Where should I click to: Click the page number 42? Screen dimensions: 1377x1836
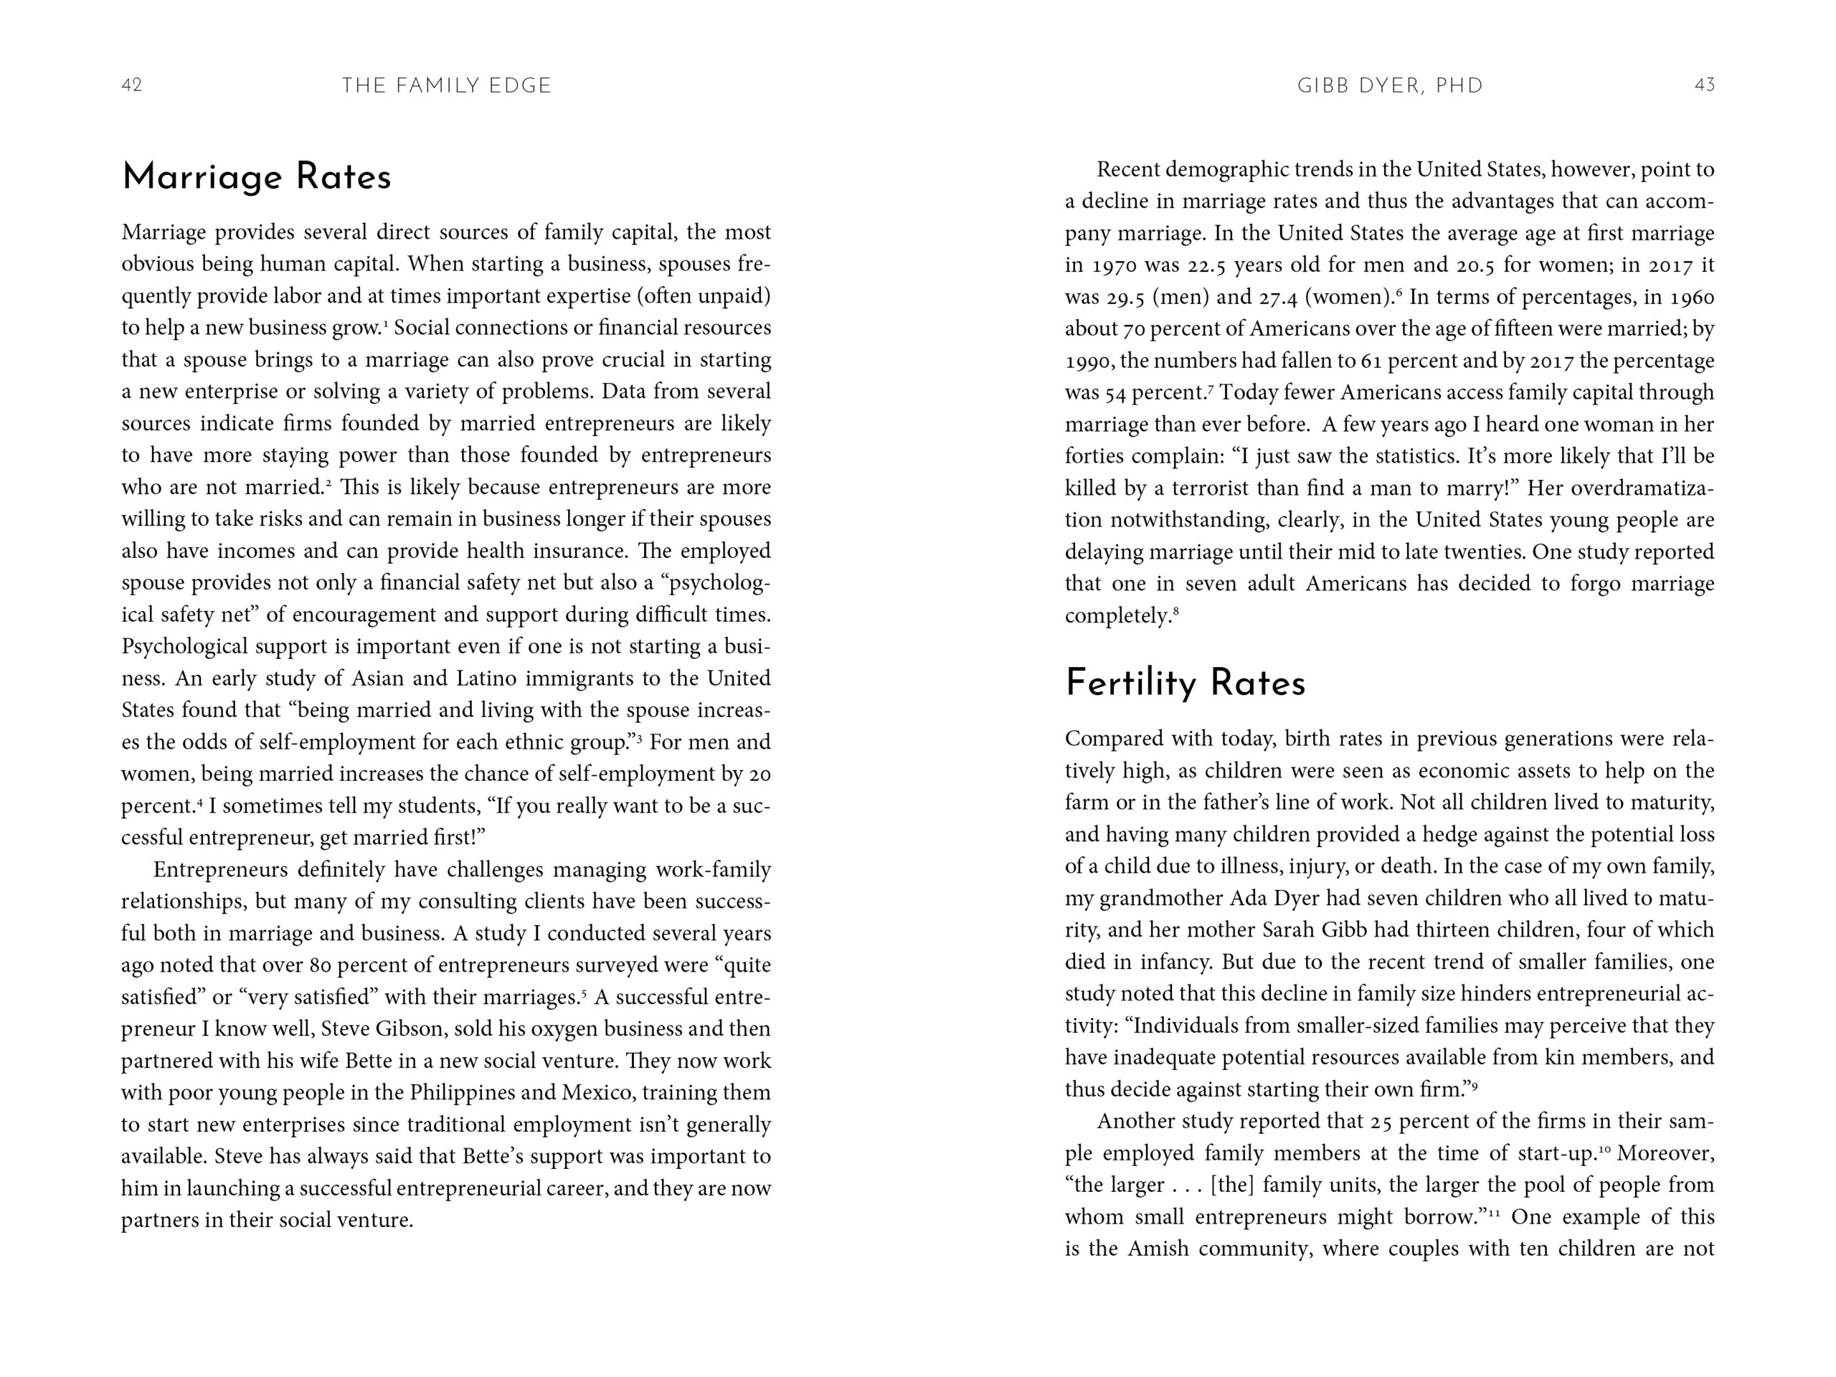132,85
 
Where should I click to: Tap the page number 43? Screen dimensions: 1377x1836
1704,85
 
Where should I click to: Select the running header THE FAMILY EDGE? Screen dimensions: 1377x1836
447,85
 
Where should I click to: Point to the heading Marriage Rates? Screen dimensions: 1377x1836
257,177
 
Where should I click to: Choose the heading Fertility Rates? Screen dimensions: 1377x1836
1185,683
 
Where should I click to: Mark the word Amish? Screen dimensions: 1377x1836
1160,1249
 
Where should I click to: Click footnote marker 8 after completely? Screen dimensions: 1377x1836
1176,612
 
